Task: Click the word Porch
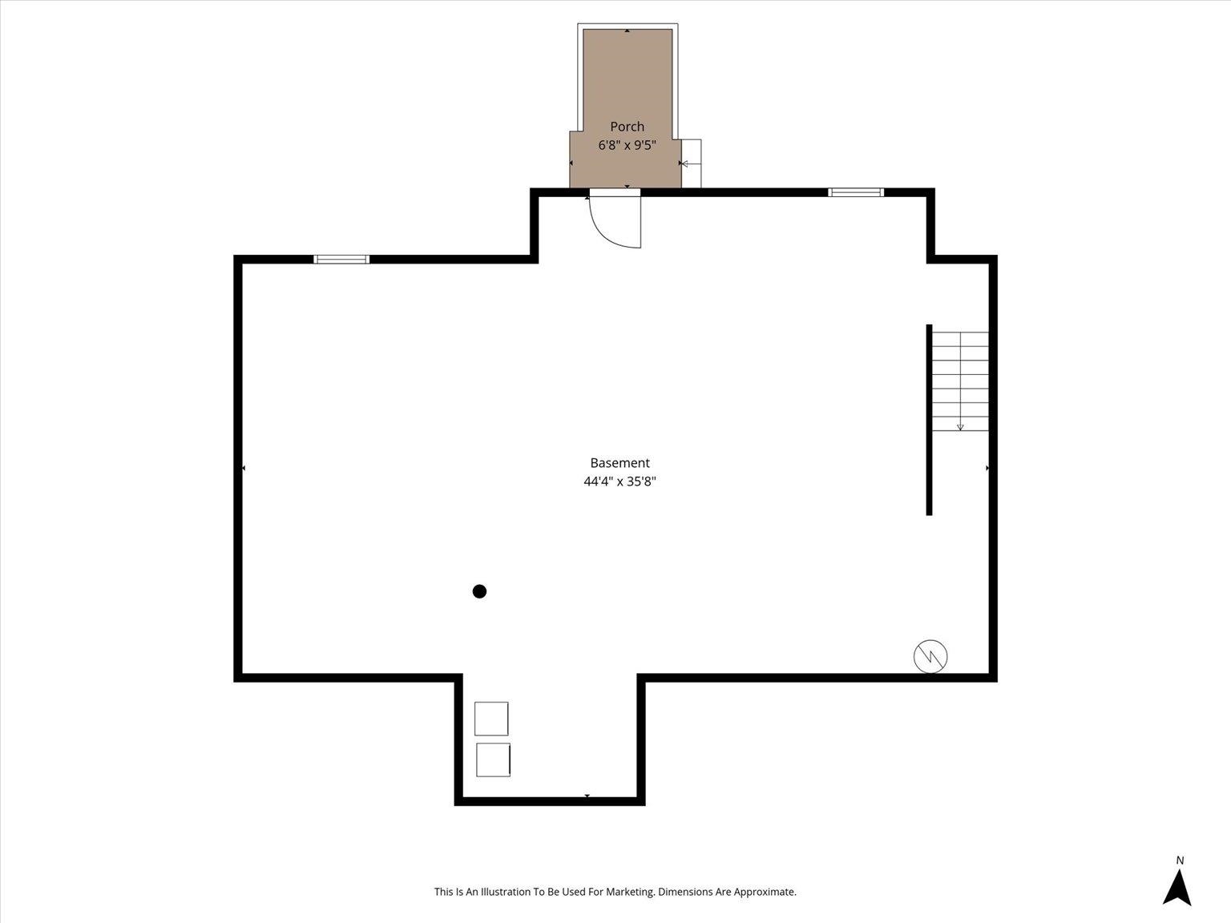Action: pos(627,127)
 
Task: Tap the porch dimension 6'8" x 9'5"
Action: pos(627,146)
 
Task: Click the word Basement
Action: pos(620,463)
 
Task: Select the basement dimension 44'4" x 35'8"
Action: pos(620,482)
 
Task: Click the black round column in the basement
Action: pos(479,591)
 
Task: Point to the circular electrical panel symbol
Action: pos(930,656)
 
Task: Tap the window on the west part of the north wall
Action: pos(341,259)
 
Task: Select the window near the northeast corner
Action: pos(856,192)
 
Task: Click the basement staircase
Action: pos(960,381)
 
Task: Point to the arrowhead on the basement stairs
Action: pos(960,428)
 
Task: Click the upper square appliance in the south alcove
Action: pos(491,719)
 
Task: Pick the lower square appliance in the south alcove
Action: pos(493,760)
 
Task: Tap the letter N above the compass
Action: pos(1180,861)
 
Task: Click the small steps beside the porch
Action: pos(692,163)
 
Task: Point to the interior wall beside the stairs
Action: pos(929,419)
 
